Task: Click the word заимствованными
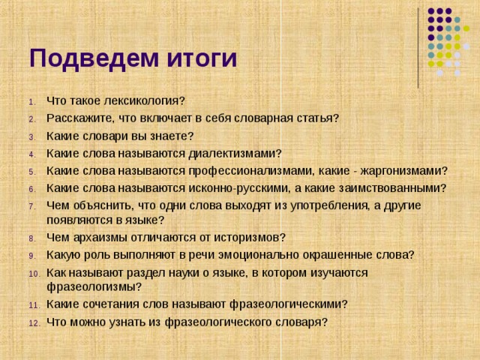tap(392, 187)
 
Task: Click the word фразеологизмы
tap(91, 286)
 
